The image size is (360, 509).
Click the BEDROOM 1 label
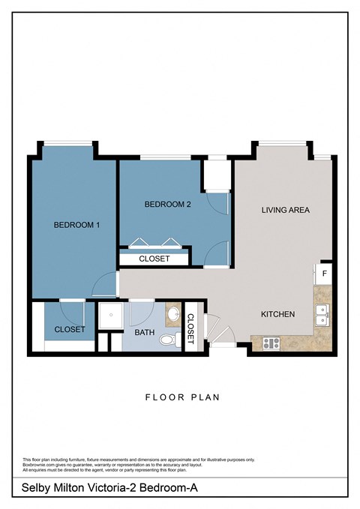coord(76,225)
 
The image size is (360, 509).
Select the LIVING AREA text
coord(285,210)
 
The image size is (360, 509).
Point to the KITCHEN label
coord(277,314)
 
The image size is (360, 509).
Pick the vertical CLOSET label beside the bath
coord(190,328)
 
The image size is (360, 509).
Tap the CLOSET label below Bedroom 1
coord(70,329)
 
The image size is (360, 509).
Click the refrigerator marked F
coord(324,274)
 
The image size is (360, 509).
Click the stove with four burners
coord(270,343)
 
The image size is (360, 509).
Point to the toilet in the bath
coord(169,340)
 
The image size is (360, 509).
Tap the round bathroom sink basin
coord(172,316)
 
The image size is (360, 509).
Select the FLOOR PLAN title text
coord(182,397)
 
